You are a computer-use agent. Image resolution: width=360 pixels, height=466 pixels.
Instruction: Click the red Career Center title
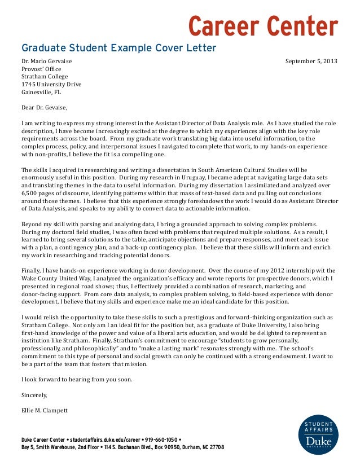(x=262, y=25)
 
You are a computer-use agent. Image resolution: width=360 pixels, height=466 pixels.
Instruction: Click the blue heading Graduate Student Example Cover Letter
(x=118, y=48)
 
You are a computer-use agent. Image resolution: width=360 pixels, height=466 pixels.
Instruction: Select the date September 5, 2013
(x=311, y=60)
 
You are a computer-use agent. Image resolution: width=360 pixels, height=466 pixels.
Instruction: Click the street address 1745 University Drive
(x=51, y=84)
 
